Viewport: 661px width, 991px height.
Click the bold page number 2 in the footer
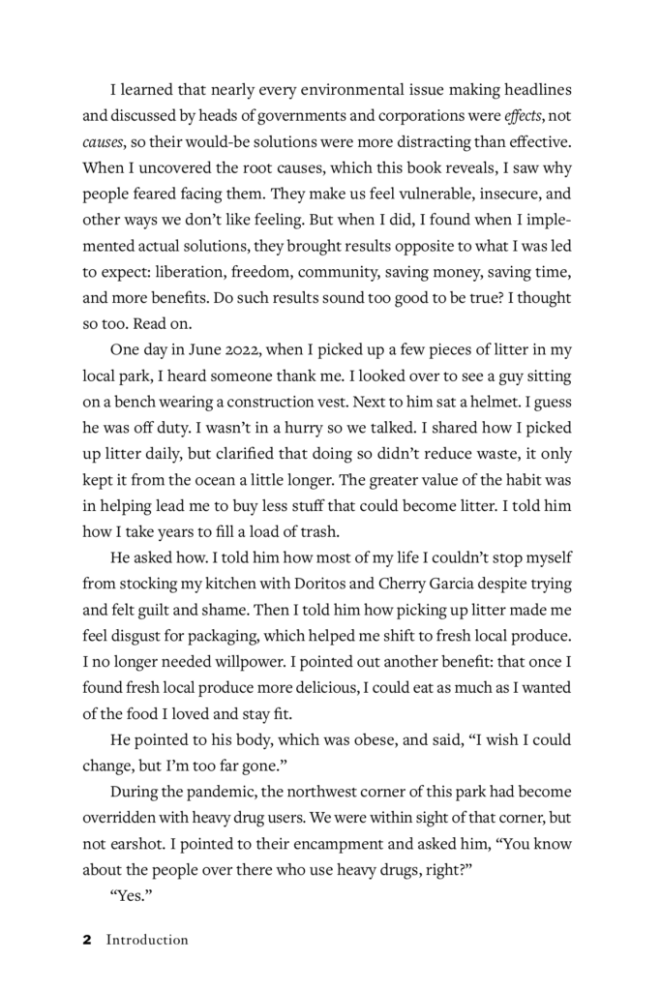[87, 940]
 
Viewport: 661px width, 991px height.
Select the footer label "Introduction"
[147, 940]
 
